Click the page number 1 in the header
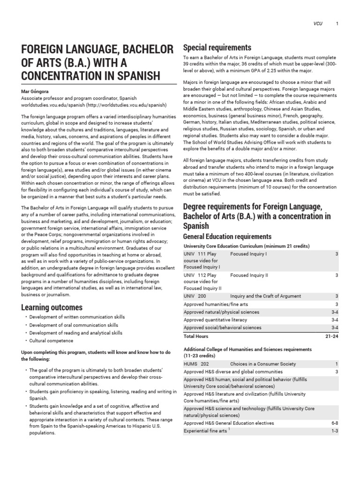click(x=337, y=23)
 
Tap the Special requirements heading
click(x=217, y=48)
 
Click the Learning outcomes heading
click(x=52, y=307)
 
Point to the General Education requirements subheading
click(x=227, y=237)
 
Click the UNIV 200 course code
click(x=195, y=296)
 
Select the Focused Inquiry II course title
click(x=249, y=275)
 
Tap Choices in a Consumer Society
click(x=263, y=364)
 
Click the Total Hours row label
click(x=196, y=336)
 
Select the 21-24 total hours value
click(x=331, y=336)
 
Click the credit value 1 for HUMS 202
click(x=337, y=364)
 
